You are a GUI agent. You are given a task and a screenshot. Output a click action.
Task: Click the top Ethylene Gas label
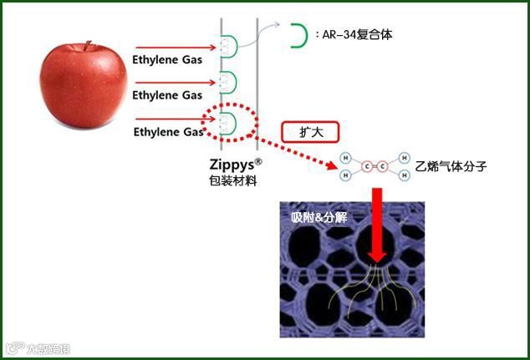pos(167,59)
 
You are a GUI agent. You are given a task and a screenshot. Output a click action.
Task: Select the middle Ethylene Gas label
pos(167,95)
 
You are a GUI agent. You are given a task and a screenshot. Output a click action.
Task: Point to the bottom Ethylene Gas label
pos(168,131)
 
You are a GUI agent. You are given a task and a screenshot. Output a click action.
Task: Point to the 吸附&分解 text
pos(319,217)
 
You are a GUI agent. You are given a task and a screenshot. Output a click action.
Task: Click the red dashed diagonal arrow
pos(297,150)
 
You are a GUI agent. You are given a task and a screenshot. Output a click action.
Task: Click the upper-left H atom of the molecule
pos(345,155)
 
